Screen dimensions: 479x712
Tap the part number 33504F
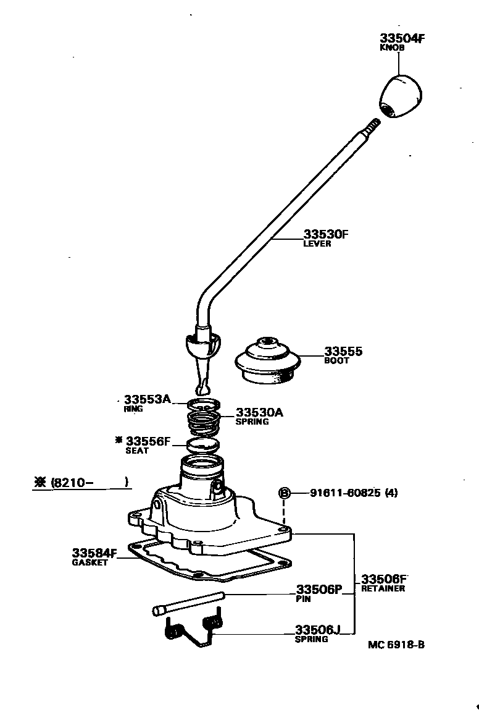pyautogui.click(x=402, y=38)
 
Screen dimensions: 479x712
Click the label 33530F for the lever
pyautogui.click(x=326, y=235)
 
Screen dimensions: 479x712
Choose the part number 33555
pyautogui.click(x=343, y=352)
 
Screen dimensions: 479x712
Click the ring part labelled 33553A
pyautogui.click(x=204, y=405)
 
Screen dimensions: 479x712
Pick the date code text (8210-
pyautogui.click(x=77, y=482)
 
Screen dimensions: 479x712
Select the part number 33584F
pyautogui.click(x=94, y=553)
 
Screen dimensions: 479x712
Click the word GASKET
pyautogui.click(x=90, y=562)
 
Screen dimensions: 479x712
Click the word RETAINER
pyautogui.click(x=383, y=588)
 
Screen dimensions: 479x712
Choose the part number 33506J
pyautogui.click(x=317, y=630)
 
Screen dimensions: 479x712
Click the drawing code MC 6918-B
pyautogui.click(x=396, y=645)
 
